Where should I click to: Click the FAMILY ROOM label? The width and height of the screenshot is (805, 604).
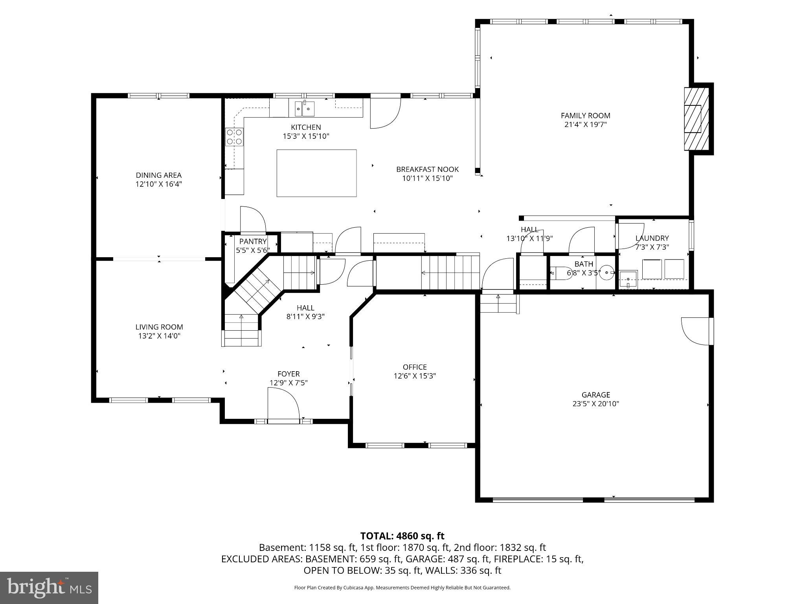(x=585, y=116)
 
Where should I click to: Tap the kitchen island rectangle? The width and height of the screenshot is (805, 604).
(x=316, y=173)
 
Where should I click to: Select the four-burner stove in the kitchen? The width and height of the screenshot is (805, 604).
(x=234, y=137)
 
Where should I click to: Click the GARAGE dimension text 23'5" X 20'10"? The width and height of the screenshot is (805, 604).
(x=595, y=403)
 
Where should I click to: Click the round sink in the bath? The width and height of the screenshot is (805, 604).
(x=607, y=272)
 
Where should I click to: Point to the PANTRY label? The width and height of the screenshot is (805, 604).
(x=253, y=241)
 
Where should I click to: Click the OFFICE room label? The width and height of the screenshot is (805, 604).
(x=415, y=367)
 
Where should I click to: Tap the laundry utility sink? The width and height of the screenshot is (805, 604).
(x=628, y=279)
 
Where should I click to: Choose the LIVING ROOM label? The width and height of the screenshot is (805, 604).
(x=159, y=327)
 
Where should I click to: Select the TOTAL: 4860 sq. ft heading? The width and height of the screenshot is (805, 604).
(x=402, y=536)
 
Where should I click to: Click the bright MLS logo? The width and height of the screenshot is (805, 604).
(x=49, y=587)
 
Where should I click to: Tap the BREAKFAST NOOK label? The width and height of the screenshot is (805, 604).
(x=427, y=169)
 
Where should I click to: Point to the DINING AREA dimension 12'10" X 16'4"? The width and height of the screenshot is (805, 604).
(x=159, y=184)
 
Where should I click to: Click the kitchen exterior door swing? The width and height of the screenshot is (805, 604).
(x=384, y=114)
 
